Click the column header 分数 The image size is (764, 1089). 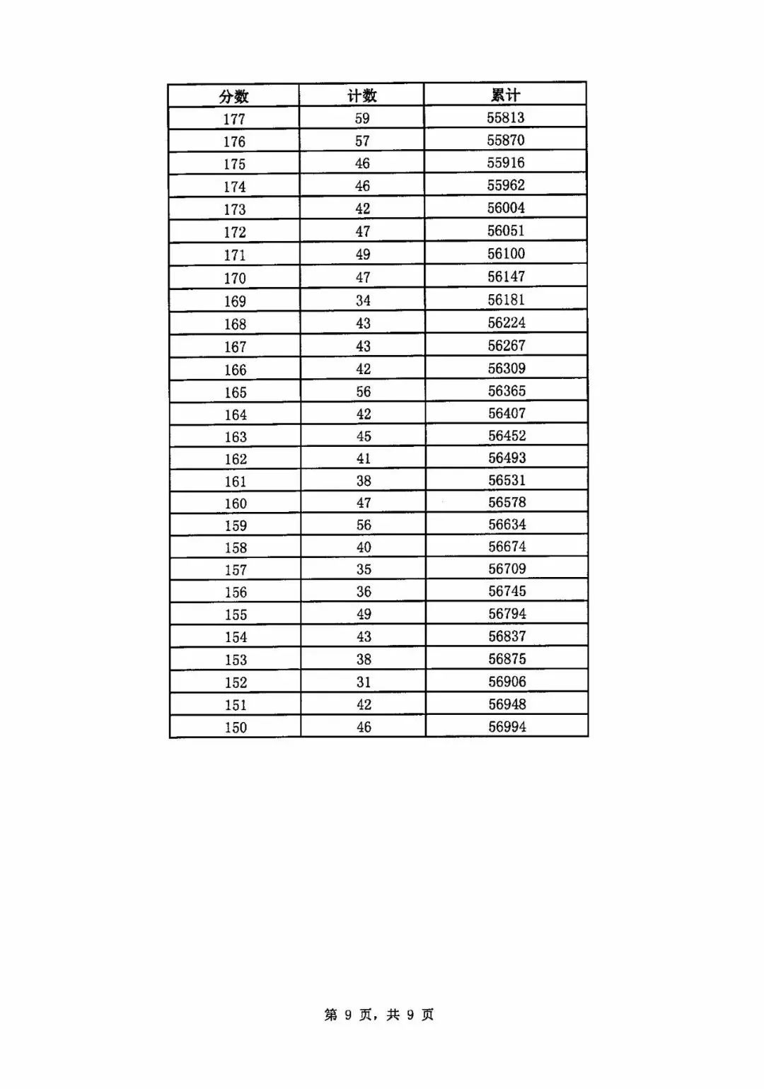point(233,96)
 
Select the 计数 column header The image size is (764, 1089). point(361,95)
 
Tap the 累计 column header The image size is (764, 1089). point(505,95)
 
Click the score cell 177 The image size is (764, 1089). point(234,119)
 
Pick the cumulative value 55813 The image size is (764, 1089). point(506,117)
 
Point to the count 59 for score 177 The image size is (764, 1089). point(362,118)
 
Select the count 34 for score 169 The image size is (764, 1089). point(363,301)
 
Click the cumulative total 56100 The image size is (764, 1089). point(507,253)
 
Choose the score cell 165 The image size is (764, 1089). point(236,392)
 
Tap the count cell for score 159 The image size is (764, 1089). point(364,525)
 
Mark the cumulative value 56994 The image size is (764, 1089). point(507,726)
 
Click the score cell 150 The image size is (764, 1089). point(236,728)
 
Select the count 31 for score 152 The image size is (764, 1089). point(364,682)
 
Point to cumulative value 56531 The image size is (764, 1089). point(507,480)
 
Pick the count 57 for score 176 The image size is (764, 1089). point(362,141)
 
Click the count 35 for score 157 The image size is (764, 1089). point(364,569)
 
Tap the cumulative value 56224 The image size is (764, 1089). point(507,322)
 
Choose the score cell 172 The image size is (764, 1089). point(235,232)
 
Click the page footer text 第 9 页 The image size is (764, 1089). point(348,1015)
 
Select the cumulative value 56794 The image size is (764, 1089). point(507,614)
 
